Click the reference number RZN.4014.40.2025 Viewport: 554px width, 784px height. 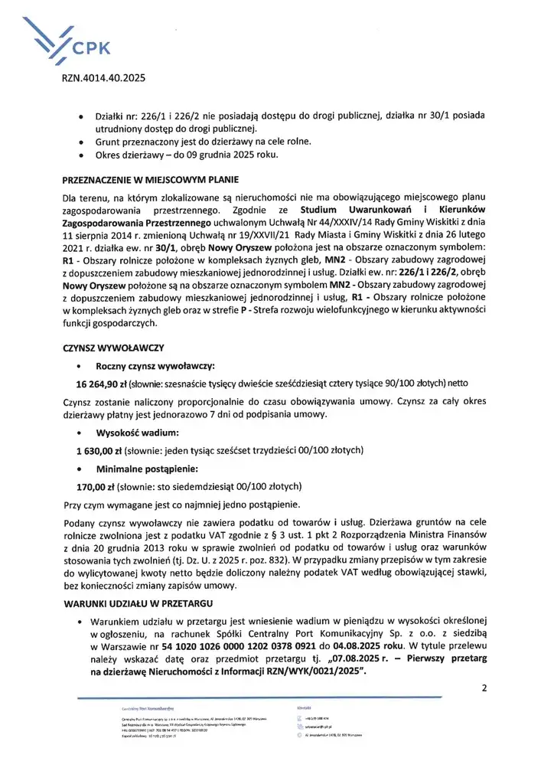click(x=103, y=79)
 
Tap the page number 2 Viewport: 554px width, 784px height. click(x=484, y=687)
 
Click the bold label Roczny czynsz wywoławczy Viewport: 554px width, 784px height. click(x=155, y=366)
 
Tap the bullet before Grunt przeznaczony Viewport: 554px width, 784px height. click(x=81, y=142)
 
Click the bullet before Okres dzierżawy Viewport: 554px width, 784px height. click(x=81, y=155)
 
